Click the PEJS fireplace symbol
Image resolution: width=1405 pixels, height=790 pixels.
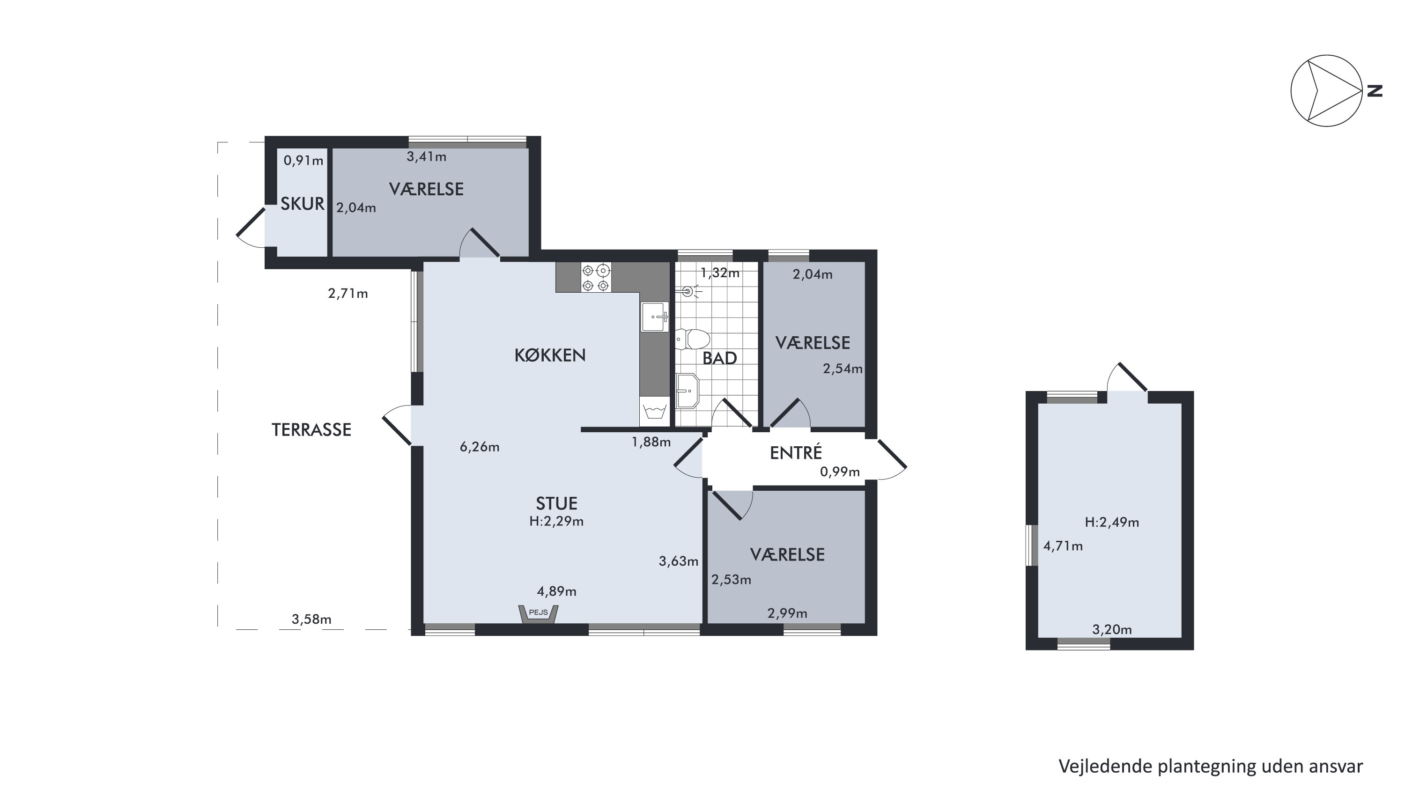[x=538, y=613]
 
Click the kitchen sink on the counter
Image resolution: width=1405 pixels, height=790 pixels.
[x=655, y=317]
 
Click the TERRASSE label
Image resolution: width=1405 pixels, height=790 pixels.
[x=311, y=430]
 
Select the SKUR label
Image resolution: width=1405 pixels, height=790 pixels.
[x=302, y=204]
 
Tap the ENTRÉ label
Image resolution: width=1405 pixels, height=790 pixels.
[x=795, y=452]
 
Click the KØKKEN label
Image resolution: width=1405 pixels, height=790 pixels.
[x=550, y=355]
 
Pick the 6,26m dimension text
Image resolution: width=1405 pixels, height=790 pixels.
[x=480, y=447]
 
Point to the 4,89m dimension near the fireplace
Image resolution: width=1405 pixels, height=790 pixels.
[x=556, y=591]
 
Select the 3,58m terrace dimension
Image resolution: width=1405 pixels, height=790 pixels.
[x=311, y=620]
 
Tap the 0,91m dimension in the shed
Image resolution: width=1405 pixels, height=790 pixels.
[x=303, y=161]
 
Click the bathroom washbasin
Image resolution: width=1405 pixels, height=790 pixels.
[x=687, y=391]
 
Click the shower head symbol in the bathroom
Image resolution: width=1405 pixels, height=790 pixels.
[x=689, y=292]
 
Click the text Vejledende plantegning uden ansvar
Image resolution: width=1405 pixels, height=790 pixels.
[x=1210, y=766]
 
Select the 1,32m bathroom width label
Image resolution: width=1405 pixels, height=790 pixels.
[x=720, y=273]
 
